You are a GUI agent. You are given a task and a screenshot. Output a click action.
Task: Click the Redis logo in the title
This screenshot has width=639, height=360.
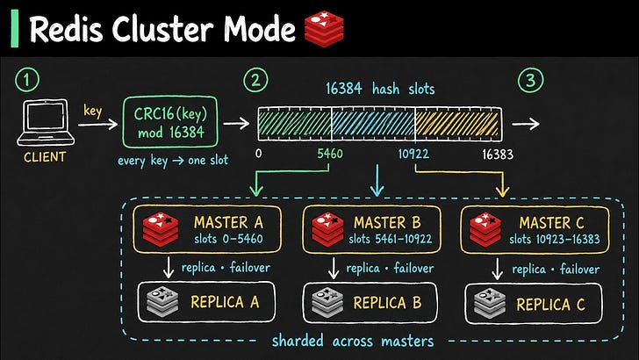325,29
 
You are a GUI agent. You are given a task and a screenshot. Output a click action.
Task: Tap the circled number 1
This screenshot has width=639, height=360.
27,80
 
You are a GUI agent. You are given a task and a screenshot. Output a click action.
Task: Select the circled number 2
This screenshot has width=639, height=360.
255,80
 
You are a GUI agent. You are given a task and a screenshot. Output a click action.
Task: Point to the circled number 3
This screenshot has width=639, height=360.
530,80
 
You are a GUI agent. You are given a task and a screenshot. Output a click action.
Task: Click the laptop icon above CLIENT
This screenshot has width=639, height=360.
46,122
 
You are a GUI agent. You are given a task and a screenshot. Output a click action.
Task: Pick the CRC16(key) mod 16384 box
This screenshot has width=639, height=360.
170,122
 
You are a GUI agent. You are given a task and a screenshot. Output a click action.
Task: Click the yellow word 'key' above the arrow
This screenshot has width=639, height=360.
93,111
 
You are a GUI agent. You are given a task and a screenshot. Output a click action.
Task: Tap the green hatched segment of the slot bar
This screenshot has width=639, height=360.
295,124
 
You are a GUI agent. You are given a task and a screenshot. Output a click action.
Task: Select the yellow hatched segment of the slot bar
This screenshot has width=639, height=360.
457,124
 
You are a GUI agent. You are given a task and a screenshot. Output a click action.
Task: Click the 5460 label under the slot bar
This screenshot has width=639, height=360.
330,154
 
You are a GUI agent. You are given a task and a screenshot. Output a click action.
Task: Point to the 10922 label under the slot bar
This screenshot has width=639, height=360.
413,154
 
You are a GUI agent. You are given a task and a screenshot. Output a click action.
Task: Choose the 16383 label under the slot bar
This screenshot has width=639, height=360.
498,155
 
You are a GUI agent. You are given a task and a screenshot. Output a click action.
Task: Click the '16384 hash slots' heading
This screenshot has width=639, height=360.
380,89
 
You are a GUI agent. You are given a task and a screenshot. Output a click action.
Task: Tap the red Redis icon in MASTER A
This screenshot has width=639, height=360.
161,228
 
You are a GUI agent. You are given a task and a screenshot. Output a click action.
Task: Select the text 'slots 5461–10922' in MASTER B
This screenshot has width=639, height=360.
390,239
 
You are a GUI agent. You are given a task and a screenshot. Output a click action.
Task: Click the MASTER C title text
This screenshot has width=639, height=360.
551,223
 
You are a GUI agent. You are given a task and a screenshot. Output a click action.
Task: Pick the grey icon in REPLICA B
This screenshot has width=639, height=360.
327,303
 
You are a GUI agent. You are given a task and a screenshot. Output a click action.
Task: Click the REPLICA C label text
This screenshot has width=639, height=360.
550,304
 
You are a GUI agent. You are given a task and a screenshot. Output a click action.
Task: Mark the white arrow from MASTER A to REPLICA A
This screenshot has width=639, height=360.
169,268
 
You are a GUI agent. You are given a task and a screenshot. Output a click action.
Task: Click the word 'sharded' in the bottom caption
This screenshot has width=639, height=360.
298,341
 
